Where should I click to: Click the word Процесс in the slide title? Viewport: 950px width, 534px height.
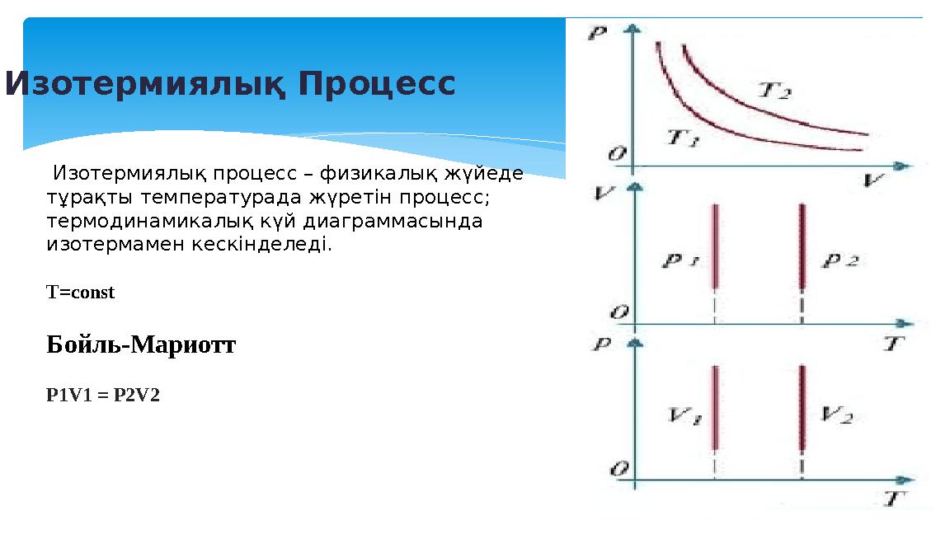(377, 83)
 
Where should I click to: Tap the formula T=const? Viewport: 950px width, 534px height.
(81, 293)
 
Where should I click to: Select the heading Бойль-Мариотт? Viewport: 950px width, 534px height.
(141, 345)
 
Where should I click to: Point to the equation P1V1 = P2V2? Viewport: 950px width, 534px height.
(103, 396)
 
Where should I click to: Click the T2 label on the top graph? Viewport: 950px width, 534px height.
(774, 90)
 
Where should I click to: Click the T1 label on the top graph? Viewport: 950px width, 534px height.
(683, 138)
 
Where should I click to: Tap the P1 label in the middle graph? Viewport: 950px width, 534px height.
(681, 262)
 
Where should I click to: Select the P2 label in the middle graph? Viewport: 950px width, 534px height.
(840, 261)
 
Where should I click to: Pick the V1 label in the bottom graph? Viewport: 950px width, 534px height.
(684, 417)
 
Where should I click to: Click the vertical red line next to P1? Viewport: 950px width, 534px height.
(715, 246)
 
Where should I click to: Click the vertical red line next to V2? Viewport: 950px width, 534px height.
(802, 407)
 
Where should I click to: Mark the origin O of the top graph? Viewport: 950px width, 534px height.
(616, 153)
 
